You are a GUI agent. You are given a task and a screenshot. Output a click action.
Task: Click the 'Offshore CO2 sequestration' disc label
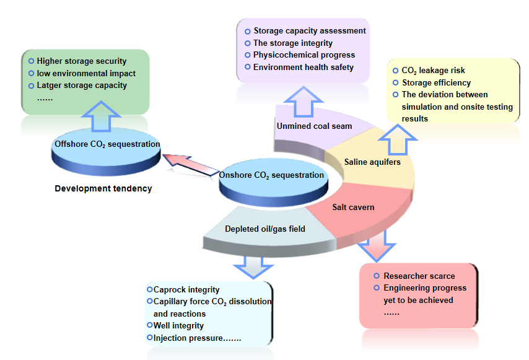tap(107, 144)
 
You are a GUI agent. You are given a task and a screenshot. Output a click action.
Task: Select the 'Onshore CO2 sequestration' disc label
tap(271, 175)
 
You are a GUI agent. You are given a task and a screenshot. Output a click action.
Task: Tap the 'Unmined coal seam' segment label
tap(314, 126)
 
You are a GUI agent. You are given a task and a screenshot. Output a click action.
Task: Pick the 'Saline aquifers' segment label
tap(372, 162)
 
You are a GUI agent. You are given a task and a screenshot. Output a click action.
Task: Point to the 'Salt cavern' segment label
tap(353, 207)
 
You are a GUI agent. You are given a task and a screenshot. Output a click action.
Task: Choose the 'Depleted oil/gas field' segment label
tap(264, 229)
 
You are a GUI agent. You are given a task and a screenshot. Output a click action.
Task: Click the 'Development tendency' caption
tap(103, 188)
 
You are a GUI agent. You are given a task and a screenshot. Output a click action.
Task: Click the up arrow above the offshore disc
tap(101, 116)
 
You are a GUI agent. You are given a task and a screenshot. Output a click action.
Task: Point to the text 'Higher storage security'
tap(81, 61)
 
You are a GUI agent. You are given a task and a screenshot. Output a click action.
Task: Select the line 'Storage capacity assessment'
tap(310, 31)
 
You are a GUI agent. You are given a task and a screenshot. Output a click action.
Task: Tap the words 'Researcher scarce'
tap(419, 276)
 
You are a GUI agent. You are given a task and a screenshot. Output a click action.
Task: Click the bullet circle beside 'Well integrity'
tap(149, 325)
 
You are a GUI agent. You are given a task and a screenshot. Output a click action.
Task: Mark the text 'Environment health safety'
tap(304, 67)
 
